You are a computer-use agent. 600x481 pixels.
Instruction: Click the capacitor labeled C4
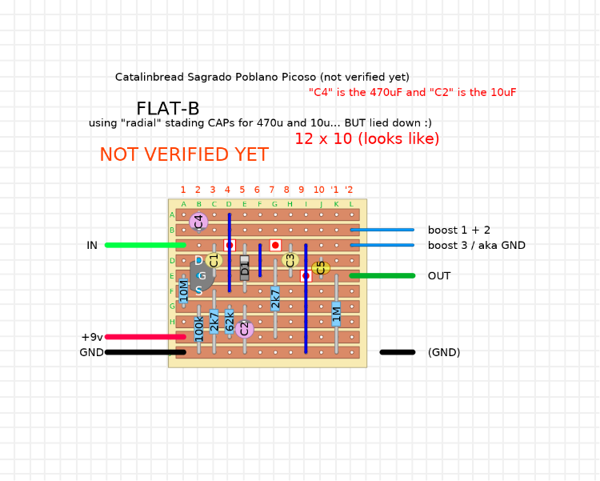pyautogui.click(x=198, y=222)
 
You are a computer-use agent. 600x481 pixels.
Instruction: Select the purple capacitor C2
pyautogui.click(x=245, y=328)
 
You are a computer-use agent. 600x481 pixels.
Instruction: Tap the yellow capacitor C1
pyautogui.click(x=214, y=260)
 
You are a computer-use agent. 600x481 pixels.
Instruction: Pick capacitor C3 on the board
pyautogui.click(x=290, y=260)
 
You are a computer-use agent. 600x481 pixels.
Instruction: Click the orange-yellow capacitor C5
pyautogui.click(x=321, y=267)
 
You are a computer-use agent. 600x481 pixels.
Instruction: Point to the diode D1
pyautogui.click(x=245, y=267)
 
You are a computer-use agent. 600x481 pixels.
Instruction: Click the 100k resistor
pyautogui.click(x=199, y=328)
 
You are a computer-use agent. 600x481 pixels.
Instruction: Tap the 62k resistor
pyautogui.click(x=230, y=321)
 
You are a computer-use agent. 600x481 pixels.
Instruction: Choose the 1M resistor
pyautogui.click(x=337, y=313)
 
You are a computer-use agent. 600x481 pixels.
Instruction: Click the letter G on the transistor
pyautogui.click(x=202, y=276)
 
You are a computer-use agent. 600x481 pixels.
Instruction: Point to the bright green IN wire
pyautogui.click(x=145, y=245)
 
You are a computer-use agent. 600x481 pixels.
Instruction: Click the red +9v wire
pyautogui.click(x=145, y=337)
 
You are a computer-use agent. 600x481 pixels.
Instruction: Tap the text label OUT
pyautogui.click(x=439, y=276)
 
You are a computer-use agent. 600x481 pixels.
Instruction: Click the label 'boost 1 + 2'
pyautogui.click(x=458, y=230)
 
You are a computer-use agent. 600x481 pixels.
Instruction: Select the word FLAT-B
pyautogui.click(x=168, y=109)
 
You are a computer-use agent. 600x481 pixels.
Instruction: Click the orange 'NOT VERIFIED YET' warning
pyautogui.click(x=184, y=155)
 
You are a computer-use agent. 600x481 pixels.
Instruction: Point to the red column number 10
pyautogui.click(x=319, y=190)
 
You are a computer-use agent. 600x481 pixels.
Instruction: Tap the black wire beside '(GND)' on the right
pyautogui.click(x=398, y=352)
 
